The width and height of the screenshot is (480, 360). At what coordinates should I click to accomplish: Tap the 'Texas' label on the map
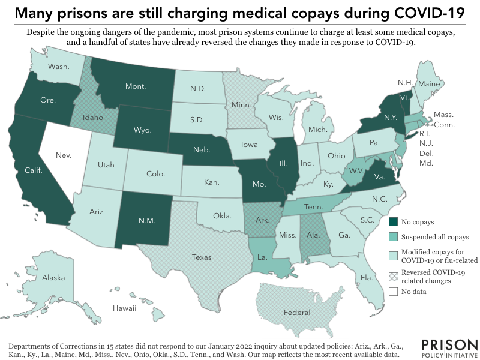[202, 257]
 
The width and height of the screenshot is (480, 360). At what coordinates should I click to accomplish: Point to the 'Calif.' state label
[33, 170]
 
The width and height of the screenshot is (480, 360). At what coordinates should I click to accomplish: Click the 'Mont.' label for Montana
[136, 86]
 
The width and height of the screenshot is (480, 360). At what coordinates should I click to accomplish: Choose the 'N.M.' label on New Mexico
[146, 220]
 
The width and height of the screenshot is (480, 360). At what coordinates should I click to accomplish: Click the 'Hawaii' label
[125, 308]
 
